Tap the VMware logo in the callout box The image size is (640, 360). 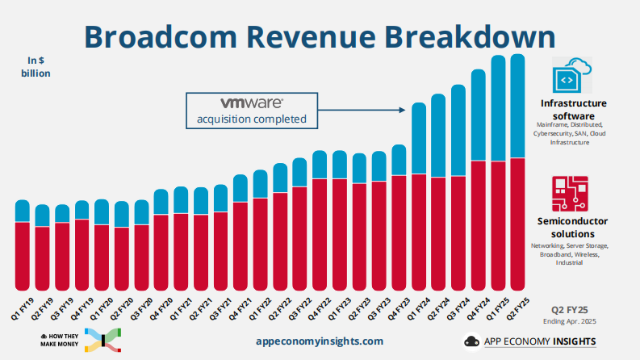coord(251,103)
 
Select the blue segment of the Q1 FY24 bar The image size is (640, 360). coord(419,138)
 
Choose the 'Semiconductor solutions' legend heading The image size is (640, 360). coord(572,227)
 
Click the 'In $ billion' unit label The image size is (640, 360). coord(36,66)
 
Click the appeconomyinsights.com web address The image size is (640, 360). coord(318,341)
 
